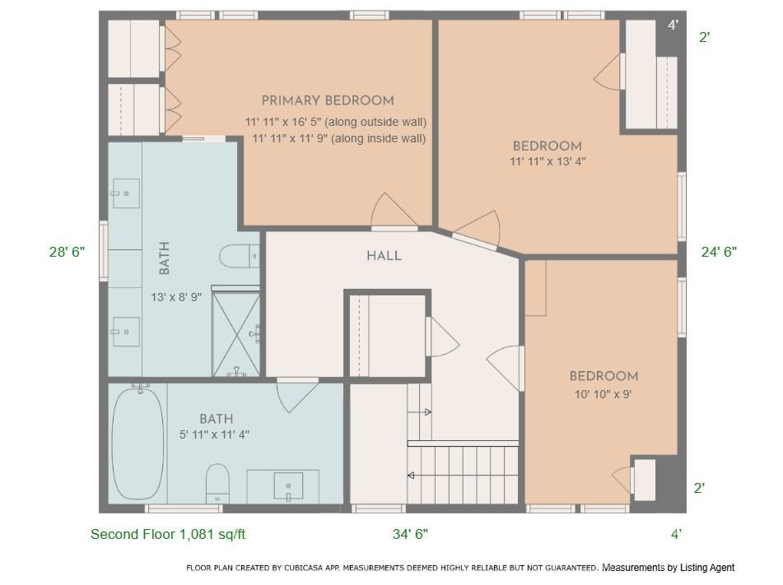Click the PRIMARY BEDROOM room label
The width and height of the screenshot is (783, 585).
point(327,100)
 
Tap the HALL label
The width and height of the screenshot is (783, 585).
point(384,256)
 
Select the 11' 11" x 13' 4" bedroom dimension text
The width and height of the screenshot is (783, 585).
point(547,162)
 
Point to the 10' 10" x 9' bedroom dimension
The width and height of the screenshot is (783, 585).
point(603,394)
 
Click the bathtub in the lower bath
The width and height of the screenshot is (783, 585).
point(137,444)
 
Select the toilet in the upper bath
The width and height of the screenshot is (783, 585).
point(240,256)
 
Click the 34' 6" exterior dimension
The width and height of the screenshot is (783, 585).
point(410,534)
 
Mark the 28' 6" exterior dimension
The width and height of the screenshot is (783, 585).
point(67,252)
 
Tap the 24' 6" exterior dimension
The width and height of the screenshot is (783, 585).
point(718,252)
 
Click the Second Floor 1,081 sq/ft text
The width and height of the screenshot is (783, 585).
point(168,534)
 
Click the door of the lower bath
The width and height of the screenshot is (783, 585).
point(296,394)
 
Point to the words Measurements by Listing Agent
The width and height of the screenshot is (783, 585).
point(668,568)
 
